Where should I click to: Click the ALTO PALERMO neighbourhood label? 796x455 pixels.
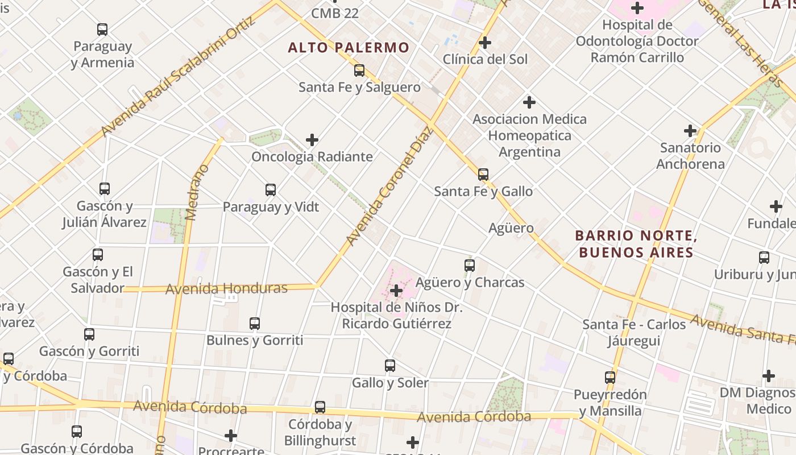tap(349, 47)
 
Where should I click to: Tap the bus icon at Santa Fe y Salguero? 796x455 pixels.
tap(359, 71)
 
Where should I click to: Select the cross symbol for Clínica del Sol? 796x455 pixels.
tap(485, 43)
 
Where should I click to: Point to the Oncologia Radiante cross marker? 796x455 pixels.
tap(312, 140)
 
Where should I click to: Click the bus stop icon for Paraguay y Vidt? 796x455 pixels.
tap(271, 190)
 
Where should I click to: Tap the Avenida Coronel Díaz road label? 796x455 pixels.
tap(391, 186)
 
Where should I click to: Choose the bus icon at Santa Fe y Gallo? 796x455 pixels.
tap(483, 175)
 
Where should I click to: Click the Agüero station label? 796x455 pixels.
tap(511, 228)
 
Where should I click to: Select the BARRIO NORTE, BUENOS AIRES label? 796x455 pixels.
tap(636, 243)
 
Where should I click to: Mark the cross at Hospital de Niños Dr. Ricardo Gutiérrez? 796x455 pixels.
tap(396, 291)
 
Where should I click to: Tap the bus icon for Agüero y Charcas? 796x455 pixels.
tap(470, 265)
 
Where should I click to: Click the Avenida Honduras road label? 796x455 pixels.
tap(226, 288)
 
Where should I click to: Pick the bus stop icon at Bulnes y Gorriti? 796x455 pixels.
tap(255, 324)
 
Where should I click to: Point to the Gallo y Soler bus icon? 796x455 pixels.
tap(390, 366)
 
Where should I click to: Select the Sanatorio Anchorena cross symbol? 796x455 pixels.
tap(690, 131)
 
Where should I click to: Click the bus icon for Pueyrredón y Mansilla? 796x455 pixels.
tap(610, 378)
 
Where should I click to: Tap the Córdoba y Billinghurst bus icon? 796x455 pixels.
tap(320, 407)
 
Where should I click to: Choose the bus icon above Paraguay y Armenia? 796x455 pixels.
tap(102, 30)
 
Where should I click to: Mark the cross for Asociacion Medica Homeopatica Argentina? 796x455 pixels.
tap(529, 102)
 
